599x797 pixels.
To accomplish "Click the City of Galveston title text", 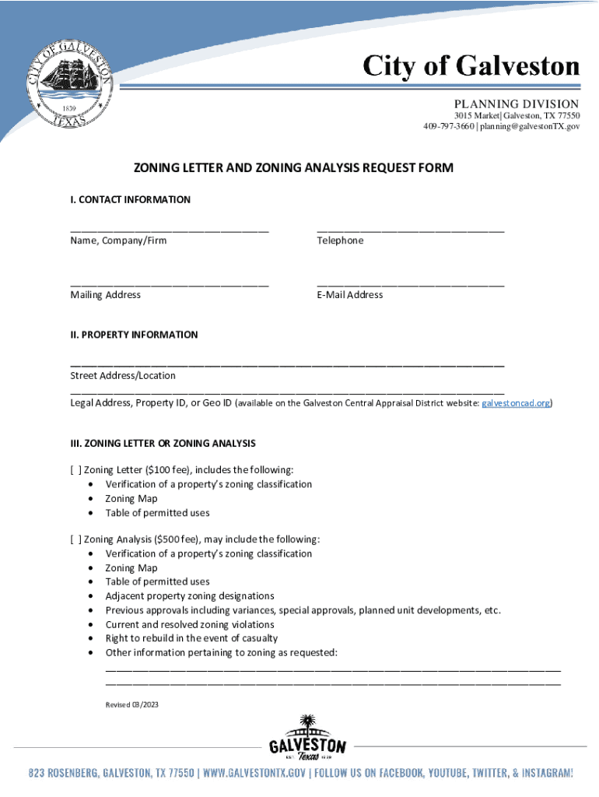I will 472,67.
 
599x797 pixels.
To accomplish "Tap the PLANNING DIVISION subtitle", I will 516,104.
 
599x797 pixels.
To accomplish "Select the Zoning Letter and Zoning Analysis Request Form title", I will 293,168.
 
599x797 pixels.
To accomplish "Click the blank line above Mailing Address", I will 169,285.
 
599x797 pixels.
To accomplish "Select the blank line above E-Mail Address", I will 410,285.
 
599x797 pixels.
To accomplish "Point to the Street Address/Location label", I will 123,376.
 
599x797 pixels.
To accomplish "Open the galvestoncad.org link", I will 517,403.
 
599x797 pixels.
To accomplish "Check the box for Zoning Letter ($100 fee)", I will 75,470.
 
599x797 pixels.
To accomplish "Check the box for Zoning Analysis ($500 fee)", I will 75,539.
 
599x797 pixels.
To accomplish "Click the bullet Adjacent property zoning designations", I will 190,596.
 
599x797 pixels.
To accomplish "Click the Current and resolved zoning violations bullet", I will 190,624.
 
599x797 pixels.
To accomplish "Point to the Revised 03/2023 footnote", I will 131,704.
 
